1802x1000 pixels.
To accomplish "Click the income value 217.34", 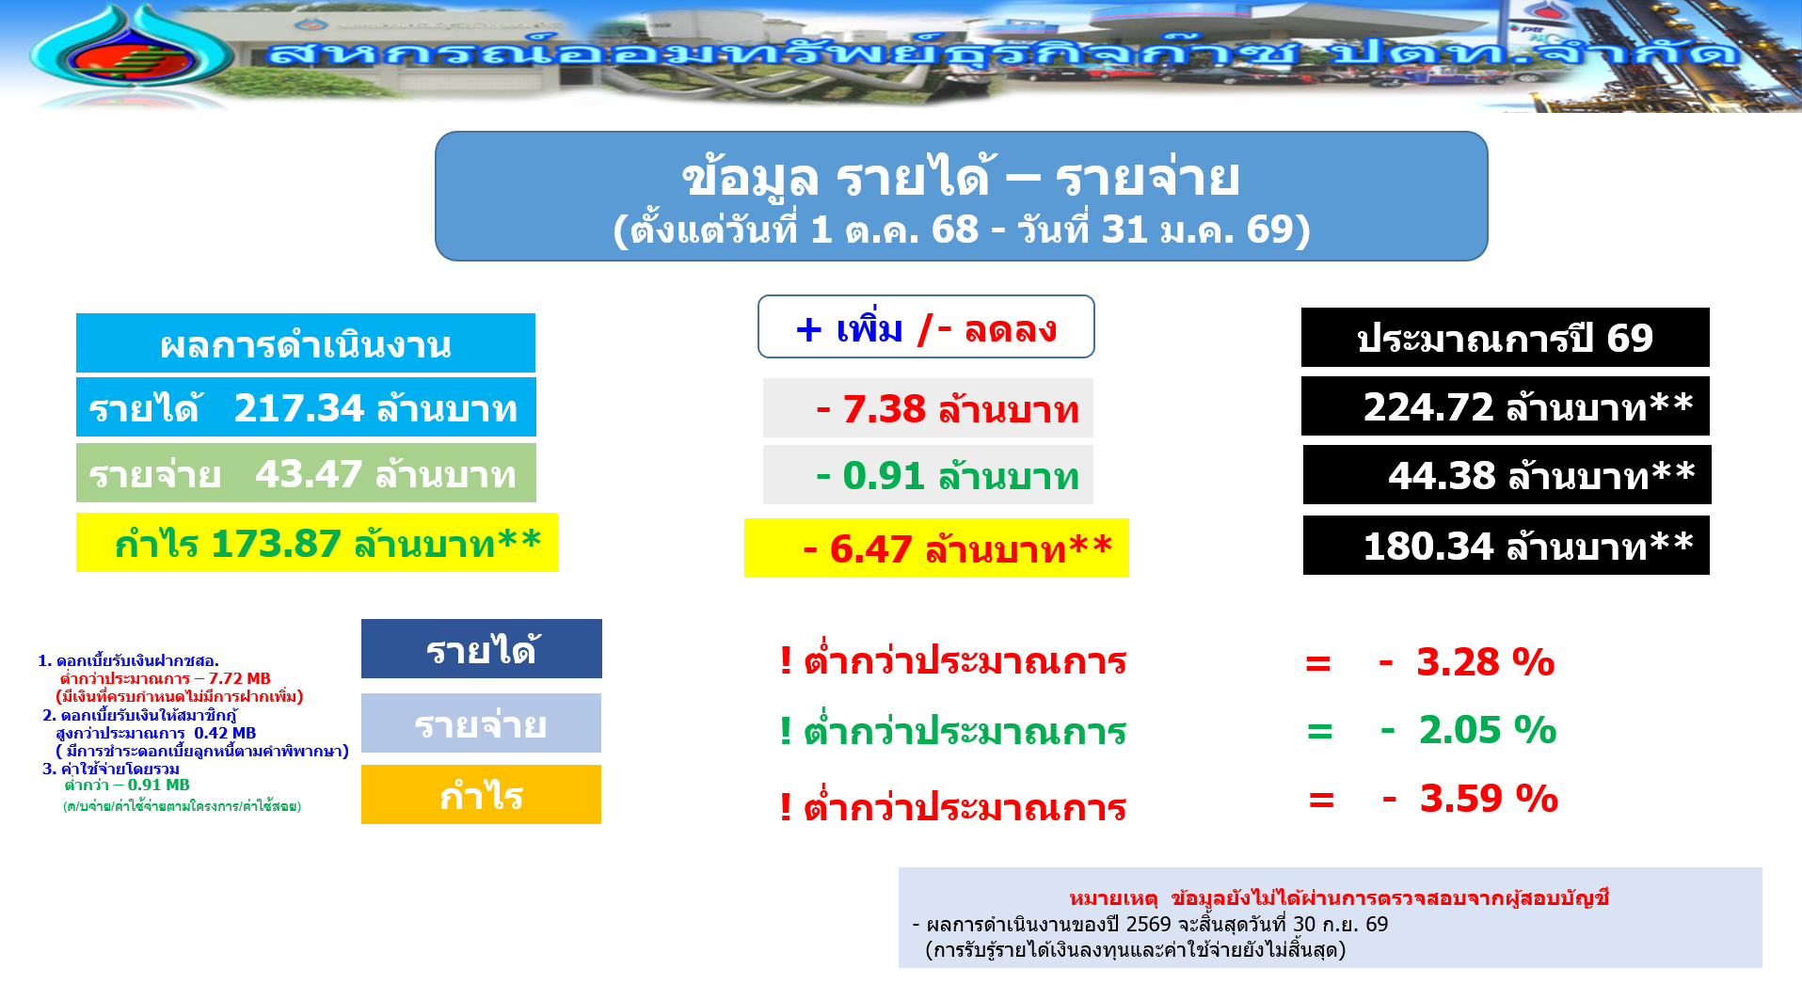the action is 298,408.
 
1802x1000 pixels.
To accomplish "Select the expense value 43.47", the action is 309,474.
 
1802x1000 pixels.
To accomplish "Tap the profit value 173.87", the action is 276,544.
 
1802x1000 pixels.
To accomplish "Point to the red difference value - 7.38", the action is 871,409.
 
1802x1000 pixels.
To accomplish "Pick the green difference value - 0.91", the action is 870,476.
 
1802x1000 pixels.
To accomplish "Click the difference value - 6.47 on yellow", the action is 857,548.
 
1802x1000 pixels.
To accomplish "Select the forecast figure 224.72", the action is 1428,407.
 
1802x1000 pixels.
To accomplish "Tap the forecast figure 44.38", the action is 1442,476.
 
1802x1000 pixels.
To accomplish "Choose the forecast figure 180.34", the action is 1428,547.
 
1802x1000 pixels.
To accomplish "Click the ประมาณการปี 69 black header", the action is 1506,338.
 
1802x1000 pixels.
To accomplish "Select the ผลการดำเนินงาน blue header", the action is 306,343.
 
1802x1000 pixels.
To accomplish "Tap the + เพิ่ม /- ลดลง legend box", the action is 926,326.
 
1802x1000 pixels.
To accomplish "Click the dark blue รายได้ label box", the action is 482,649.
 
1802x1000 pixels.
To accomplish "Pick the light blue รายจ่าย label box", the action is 481,723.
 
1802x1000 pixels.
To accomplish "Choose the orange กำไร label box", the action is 481,795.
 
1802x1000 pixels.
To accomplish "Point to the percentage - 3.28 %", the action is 1466,662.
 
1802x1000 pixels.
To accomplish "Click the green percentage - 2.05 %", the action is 1469,730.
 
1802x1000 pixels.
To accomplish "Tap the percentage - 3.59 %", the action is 1470,799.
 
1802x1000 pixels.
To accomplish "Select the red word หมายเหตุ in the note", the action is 1113,898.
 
